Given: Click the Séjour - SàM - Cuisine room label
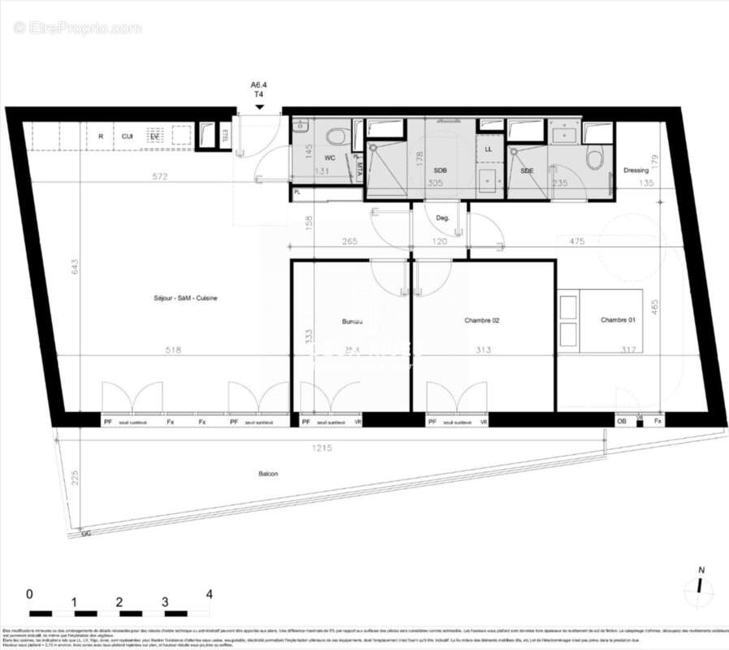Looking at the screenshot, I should click(x=187, y=298).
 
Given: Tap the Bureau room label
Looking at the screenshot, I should click(x=352, y=322).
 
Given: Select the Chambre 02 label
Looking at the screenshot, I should click(x=481, y=321).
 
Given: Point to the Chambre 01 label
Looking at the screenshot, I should click(x=619, y=321).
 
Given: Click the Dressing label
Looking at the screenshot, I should click(x=636, y=171).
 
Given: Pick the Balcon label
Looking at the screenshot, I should click(x=268, y=474).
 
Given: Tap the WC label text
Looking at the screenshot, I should click(x=330, y=157).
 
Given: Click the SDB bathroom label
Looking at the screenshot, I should click(x=440, y=171).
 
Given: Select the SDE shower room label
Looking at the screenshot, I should click(x=527, y=171).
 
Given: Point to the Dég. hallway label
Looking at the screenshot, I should click(x=442, y=219).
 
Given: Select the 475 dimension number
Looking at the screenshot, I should click(x=577, y=240).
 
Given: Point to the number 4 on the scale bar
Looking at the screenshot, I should click(x=209, y=594).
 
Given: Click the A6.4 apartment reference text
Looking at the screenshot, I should click(x=259, y=84).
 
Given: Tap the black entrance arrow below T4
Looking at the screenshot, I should click(x=259, y=106).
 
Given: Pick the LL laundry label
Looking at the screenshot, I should click(x=489, y=149).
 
